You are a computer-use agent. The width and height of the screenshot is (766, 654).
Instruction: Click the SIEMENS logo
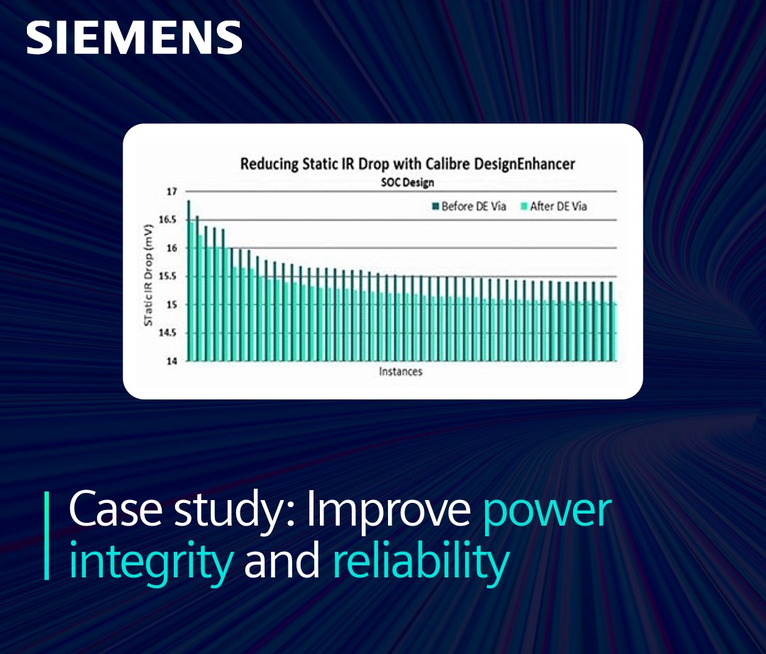click(x=134, y=38)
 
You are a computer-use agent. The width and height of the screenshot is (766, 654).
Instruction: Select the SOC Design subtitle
click(x=406, y=182)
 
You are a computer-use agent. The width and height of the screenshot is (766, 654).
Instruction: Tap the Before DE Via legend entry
click(x=468, y=207)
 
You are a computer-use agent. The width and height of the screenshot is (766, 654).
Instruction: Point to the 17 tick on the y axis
click(x=171, y=192)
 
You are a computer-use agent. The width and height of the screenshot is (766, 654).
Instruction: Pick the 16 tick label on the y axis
click(x=171, y=248)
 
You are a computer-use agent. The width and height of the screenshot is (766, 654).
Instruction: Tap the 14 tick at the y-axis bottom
click(x=171, y=361)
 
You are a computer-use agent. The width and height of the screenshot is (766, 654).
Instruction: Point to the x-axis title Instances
click(x=400, y=372)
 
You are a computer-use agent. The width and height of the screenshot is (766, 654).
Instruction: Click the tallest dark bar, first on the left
click(x=189, y=280)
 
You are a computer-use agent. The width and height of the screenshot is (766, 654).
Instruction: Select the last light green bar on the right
click(x=614, y=331)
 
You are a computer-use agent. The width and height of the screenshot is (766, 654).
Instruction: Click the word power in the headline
click(x=546, y=510)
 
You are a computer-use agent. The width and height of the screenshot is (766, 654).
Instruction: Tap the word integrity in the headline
click(x=150, y=561)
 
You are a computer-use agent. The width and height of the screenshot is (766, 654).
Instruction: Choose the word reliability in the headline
click(x=421, y=561)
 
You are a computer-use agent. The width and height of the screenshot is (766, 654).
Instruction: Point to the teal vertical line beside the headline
click(x=48, y=536)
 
